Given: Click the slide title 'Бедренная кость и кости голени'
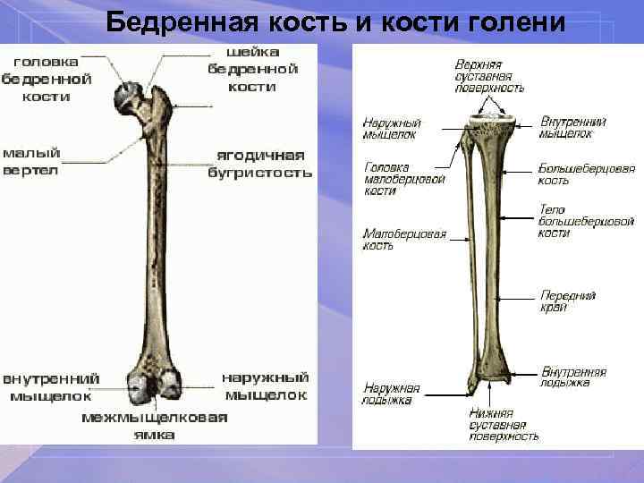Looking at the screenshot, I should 335,21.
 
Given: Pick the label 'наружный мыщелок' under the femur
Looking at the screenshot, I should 267,386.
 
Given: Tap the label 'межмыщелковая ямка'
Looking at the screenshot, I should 155,425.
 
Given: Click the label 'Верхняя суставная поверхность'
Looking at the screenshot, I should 488,75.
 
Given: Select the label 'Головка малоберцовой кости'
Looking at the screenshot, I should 393,179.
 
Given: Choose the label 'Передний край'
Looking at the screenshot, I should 566,301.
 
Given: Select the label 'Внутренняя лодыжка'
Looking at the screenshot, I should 573,377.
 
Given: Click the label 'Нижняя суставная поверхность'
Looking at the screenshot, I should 504,425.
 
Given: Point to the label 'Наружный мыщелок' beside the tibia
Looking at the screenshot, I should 391,129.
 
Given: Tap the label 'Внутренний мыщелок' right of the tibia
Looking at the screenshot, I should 572,128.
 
